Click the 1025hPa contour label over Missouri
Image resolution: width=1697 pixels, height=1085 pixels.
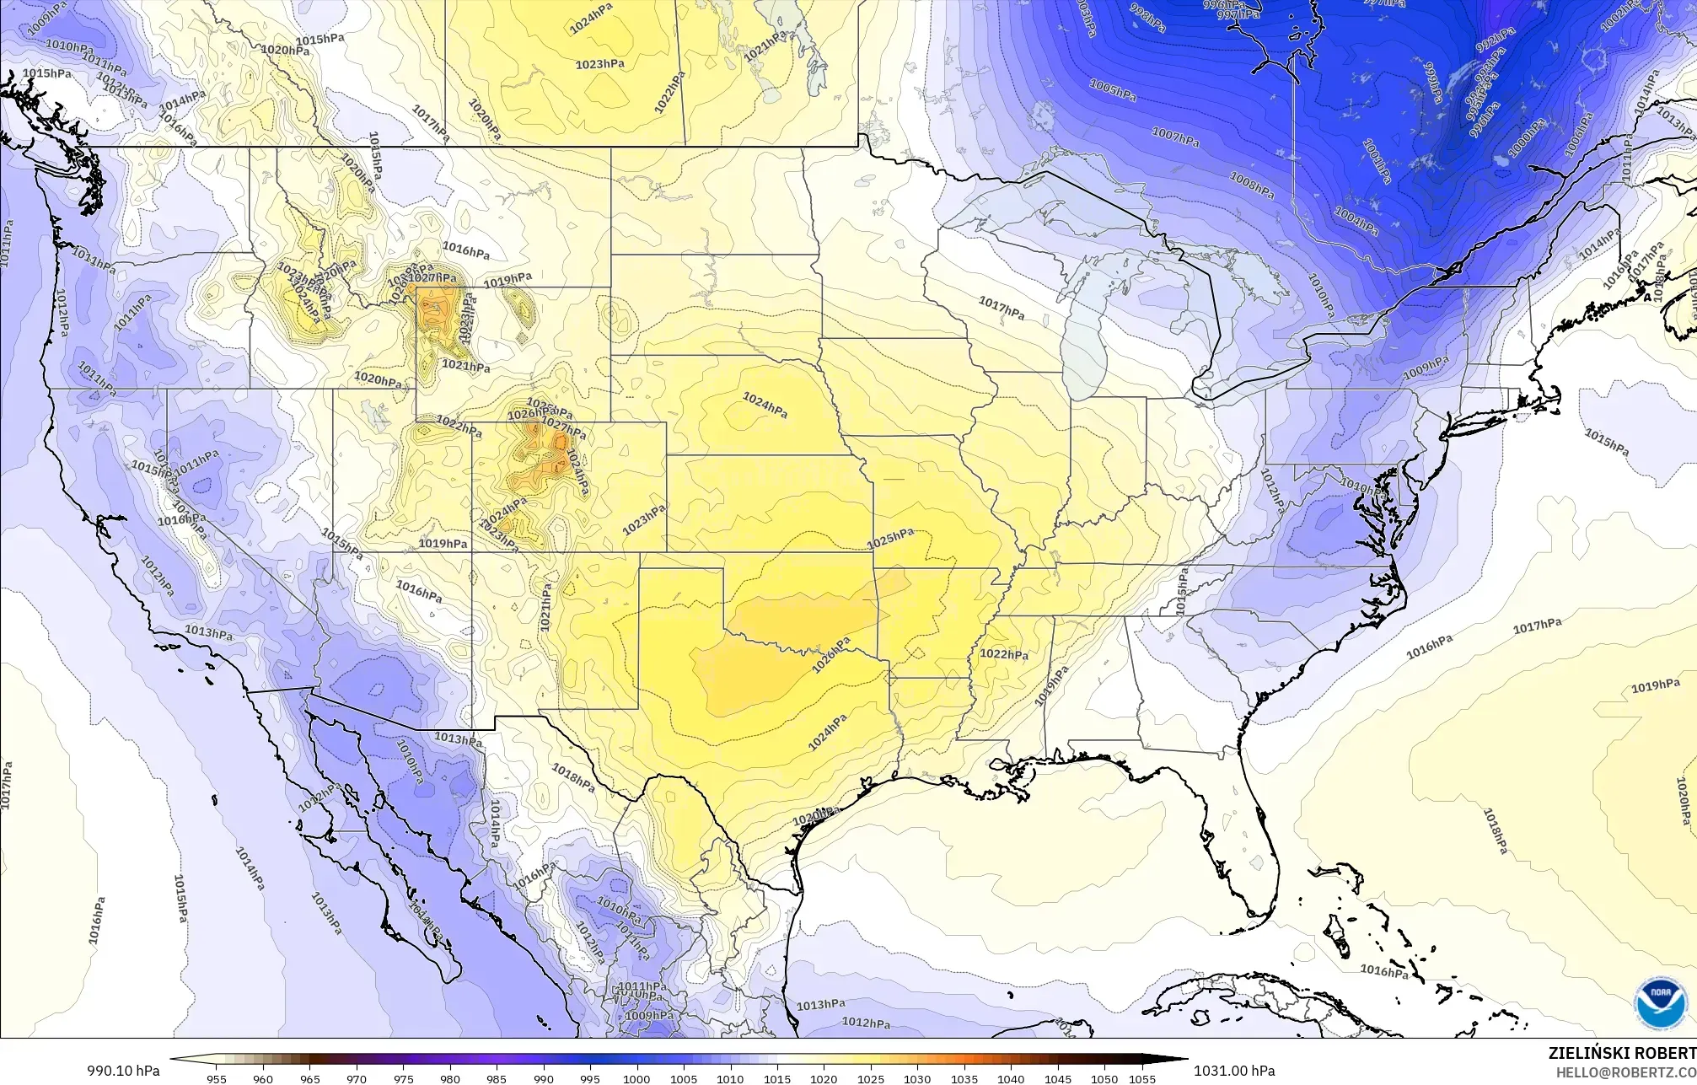[x=891, y=538]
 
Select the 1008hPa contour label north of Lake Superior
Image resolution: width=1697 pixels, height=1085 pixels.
[x=1251, y=184]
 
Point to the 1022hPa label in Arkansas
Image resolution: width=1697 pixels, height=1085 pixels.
[x=1004, y=654]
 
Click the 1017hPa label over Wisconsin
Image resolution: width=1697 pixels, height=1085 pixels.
[x=1002, y=308]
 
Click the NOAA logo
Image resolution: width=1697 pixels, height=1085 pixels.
[x=1660, y=1002]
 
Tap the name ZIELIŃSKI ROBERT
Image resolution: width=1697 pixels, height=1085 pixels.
[x=1621, y=1053]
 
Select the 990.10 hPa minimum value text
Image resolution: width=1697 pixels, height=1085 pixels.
[x=123, y=1071]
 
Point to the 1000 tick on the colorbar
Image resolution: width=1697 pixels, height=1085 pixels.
[x=636, y=1079]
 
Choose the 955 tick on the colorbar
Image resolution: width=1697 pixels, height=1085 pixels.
[x=217, y=1079]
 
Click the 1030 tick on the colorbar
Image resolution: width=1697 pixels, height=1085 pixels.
[x=917, y=1079]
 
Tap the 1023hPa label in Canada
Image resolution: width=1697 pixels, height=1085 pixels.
[x=600, y=64]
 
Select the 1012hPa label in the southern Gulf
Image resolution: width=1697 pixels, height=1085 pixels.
[x=866, y=1023]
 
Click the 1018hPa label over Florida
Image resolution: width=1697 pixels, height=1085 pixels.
[x=1496, y=830]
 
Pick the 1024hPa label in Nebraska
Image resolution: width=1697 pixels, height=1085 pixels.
[x=765, y=406]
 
